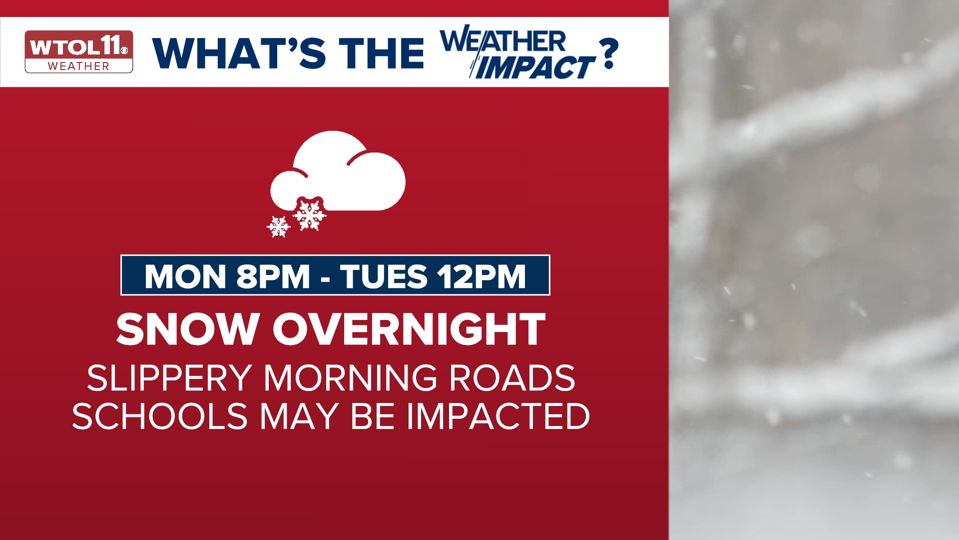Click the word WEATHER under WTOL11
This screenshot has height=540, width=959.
point(78,66)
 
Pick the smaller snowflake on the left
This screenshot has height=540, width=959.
point(278,226)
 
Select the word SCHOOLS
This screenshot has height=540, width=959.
point(160,416)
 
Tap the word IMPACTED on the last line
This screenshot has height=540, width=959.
point(498,416)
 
